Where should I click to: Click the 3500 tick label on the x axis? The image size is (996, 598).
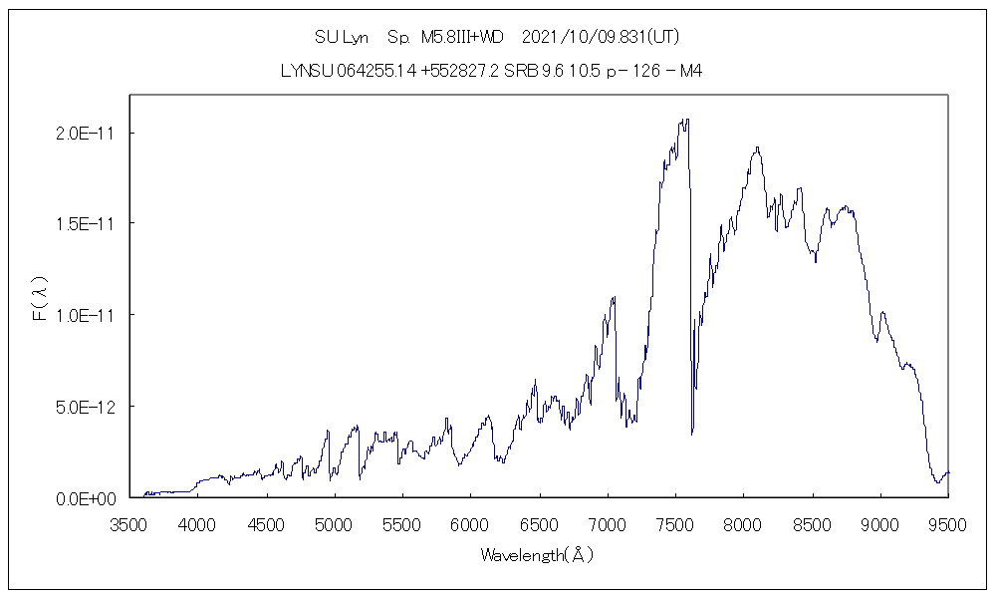point(128,523)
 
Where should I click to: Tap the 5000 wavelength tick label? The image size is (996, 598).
point(334,523)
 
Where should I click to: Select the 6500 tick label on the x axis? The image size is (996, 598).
point(539,523)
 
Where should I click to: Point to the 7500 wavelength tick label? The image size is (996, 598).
point(675,523)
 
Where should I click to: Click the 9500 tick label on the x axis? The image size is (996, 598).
point(948,523)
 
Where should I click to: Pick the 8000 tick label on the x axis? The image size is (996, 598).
point(744,523)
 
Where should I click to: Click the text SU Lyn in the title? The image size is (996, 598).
point(342,38)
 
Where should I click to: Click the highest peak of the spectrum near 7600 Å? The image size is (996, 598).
point(685,120)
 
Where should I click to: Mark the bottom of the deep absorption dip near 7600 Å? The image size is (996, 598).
point(692,434)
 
